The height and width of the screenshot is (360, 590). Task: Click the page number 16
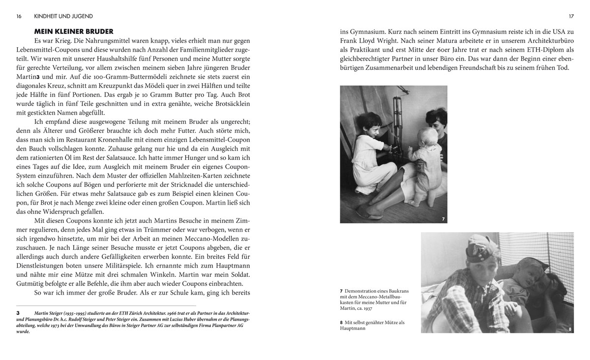(x=19, y=16)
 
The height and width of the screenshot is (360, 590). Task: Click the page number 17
(x=571, y=16)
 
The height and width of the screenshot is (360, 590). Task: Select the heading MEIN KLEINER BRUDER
(x=74, y=31)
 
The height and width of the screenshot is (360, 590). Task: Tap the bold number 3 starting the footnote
(x=18, y=312)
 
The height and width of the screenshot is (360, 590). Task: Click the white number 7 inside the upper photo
(x=443, y=218)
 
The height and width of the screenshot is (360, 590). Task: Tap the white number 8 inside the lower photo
(x=570, y=329)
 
